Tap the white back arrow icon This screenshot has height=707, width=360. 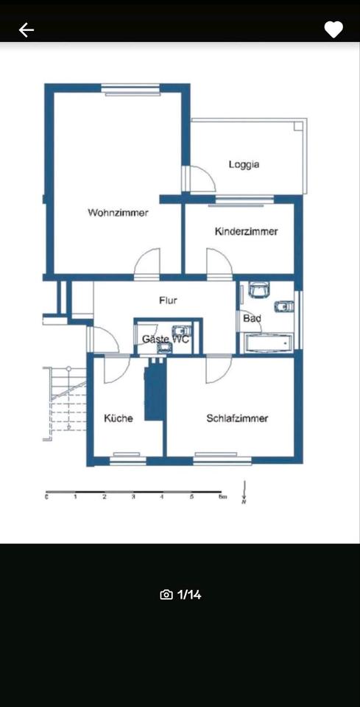pyautogui.click(x=27, y=30)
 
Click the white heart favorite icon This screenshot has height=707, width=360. pyautogui.click(x=333, y=30)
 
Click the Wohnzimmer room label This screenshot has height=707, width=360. pyautogui.click(x=118, y=213)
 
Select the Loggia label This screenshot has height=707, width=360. pyautogui.click(x=244, y=165)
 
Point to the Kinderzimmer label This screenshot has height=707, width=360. pyautogui.click(x=246, y=231)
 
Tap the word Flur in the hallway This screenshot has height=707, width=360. pyautogui.click(x=168, y=300)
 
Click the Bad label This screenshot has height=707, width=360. pyautogui.click(x=252, y=318)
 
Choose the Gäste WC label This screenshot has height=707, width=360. pyautogui.click(x=165, y=340)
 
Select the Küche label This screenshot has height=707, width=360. pyautogui.click(x=118, y=418)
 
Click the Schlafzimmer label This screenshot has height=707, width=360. pyautogui.click(x=237, y=418)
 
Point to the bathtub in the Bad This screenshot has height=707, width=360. pyautogui.click(x=267, y=343)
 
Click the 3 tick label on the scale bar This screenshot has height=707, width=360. pyautogui.click(x=133, y=498)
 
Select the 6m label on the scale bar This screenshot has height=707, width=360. pyautogui.click(x=221, y=498)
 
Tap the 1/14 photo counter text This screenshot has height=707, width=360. pyautogui.click(x=189, y=594)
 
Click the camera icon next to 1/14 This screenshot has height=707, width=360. pyautogui.click(x=166, y=594)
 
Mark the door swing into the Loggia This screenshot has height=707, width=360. pyautogui.click(x=200, y=179)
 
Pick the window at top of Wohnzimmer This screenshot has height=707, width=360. pyautogui.click(x=130, y=89)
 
